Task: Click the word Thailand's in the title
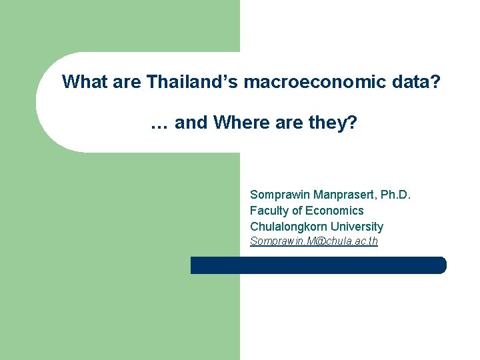pyautogui.click(x=193, y=82)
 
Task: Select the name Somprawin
pyautogui.click(x=277, y=195)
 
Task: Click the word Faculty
pyautogui.click(x=269, y=211)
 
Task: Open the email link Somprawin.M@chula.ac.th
pyautogui.click(x=313, y=241)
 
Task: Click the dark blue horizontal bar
pyautogui.click(x=318, y=265)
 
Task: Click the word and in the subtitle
pyautogui.click(x=191, y=123)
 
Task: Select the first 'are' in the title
pyautogui.click(x=127, y=82)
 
